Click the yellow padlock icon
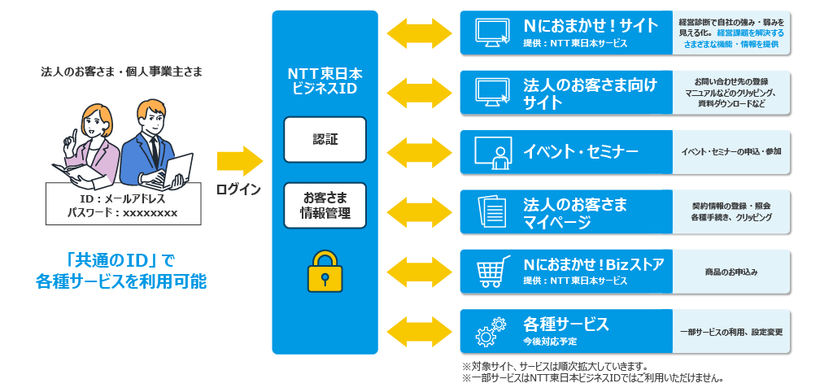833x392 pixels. pos(325,271)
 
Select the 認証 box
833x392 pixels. pos(325,139)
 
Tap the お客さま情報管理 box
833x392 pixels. pos(325,205)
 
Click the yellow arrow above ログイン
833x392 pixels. pos(239,159)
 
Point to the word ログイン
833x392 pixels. pos(238,189)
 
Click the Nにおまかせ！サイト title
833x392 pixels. pos(591,25)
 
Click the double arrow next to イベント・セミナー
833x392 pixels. pos(419,152)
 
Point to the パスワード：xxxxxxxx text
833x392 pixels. pos(122,213)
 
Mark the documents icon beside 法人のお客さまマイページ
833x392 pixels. pos(491,212)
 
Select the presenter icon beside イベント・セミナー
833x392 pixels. pos(492,152)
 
